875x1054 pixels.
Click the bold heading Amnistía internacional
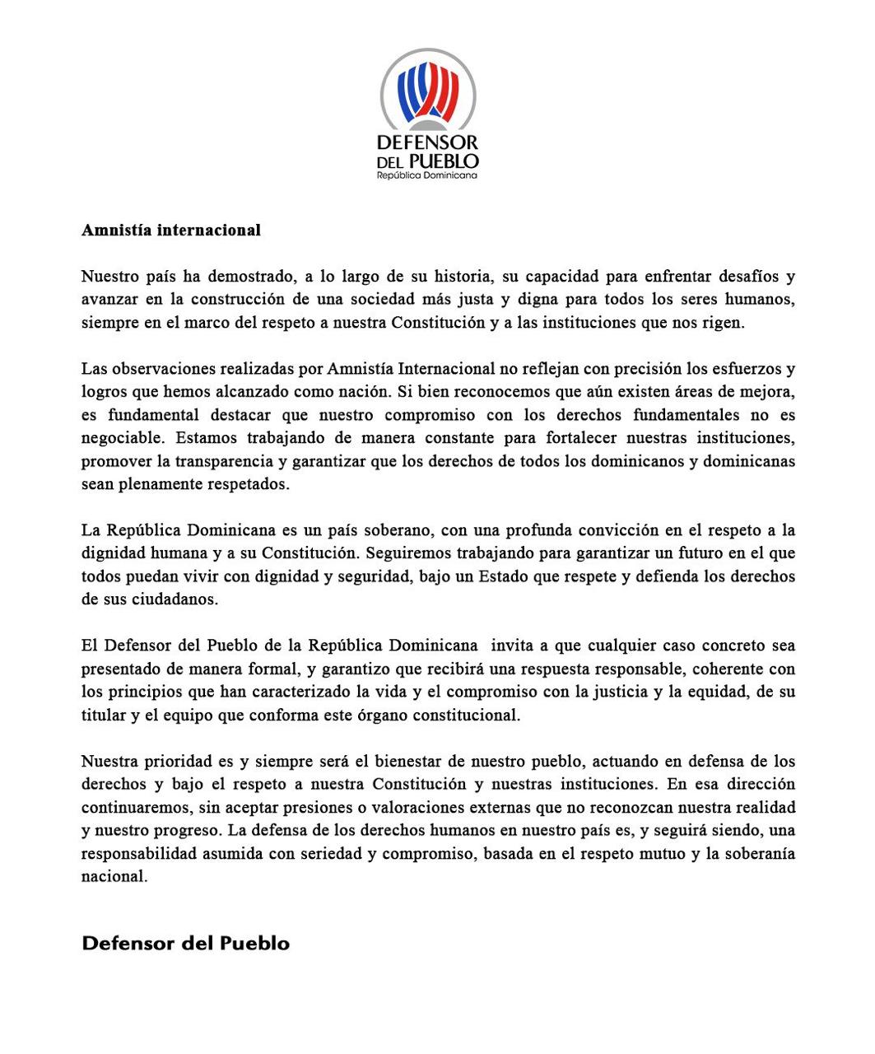tap(170, 231)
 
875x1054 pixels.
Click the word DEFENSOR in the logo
tap(427, 142)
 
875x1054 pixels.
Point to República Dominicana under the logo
tap(427, 175)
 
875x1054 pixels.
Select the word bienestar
tap(399, 761)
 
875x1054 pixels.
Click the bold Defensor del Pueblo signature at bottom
tap(185, 943)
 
